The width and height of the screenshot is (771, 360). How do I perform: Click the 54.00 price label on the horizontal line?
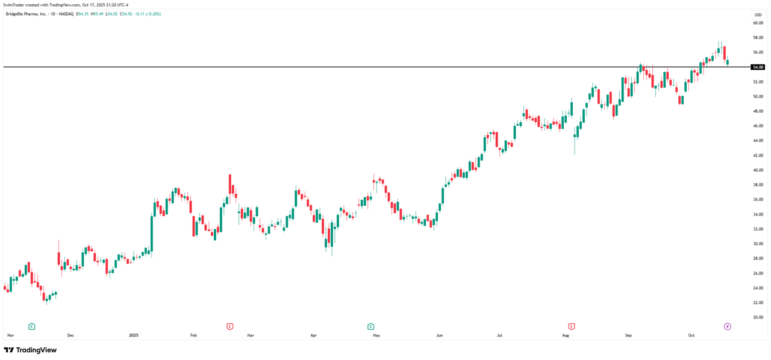click(x=758, y=67)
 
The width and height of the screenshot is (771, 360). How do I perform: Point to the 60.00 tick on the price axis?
click(x=758, y=23)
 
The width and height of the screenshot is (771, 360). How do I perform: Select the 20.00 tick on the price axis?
click(x=758, y=317)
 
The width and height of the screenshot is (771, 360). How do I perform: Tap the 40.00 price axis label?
click(x=758, y=170)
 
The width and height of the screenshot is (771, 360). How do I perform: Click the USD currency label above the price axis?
click(x=758, y=15)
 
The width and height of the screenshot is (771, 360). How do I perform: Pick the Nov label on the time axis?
click(x=10, y=335)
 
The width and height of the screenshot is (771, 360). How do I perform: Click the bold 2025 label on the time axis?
click(x=134, y=335)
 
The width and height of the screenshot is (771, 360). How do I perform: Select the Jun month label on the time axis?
click(x=440, y=335)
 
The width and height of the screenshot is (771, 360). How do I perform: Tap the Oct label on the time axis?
click(x=691, y=335)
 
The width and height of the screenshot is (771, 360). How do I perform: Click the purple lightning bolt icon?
click(x=727, y=326)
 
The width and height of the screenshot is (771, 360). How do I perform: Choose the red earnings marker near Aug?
click(x=572, y=326)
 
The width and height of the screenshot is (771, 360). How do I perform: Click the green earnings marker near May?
click(x=370, y=326)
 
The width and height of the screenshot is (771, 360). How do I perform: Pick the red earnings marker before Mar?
click(x=229, y=326)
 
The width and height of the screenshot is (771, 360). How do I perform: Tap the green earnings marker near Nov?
click(x=31, y=326)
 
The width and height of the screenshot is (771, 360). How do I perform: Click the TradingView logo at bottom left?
click(x=30, y=350)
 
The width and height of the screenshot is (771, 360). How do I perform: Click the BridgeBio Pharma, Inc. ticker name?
click(x=26, y=14)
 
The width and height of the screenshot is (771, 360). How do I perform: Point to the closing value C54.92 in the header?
click(x=126, y=14)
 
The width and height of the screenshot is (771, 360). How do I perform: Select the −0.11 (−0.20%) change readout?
click(x=148, y=14)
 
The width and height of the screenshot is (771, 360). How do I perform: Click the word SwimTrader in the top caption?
click(x=13, y=5)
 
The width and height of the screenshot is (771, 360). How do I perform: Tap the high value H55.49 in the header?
click(x=96, y=14)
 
